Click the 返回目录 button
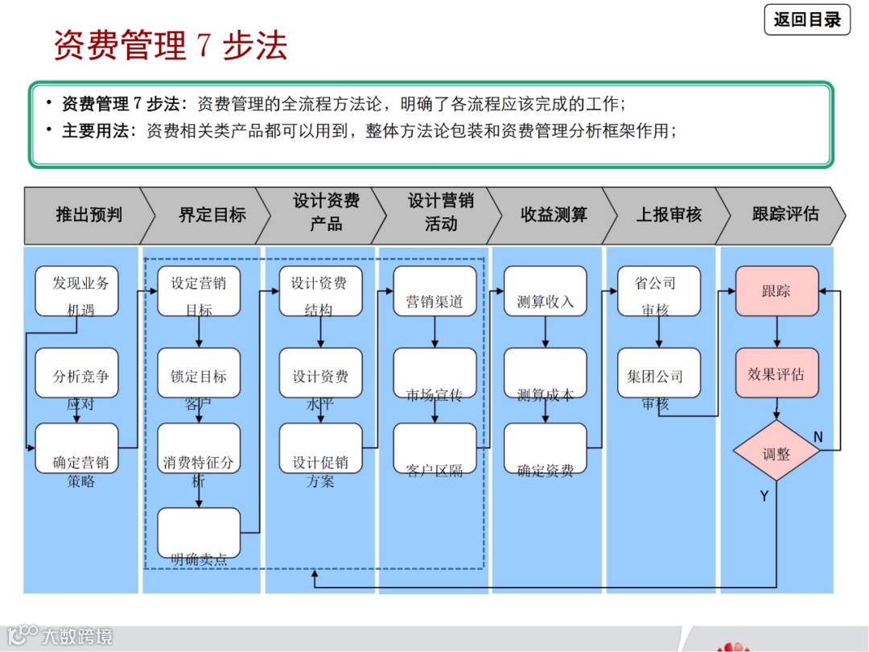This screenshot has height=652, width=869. click(x=807, y=19)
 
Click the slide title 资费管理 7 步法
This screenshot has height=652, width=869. click(x=170, y=45)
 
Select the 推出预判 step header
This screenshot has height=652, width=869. click(x=88, y=215)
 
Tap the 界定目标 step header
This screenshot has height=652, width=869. click(x=212, y=215)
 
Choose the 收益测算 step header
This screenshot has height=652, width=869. click(x=554, y=215)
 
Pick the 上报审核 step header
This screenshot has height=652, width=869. click(x=669, y=215)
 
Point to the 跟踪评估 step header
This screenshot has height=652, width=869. click(x=785, y=215)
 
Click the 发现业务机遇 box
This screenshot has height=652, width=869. click(x=77, y=291)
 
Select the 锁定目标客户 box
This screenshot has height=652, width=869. click(x=199, y=373)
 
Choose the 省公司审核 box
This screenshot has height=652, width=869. click(x=658, y=291)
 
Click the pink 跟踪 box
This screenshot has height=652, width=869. click(x=776, y=291)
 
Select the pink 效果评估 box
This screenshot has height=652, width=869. click(x=776, y=373)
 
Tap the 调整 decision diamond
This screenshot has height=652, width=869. click(x=776, y=452)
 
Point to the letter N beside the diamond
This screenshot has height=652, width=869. click(x=818, y=437)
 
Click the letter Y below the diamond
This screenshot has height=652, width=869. click(x=764, y=497)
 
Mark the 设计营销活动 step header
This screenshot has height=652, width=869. click(x=440, y=213)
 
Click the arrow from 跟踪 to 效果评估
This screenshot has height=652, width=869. click(x=776, y=332)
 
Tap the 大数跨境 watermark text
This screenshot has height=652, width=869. click(x=77, y=637)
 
